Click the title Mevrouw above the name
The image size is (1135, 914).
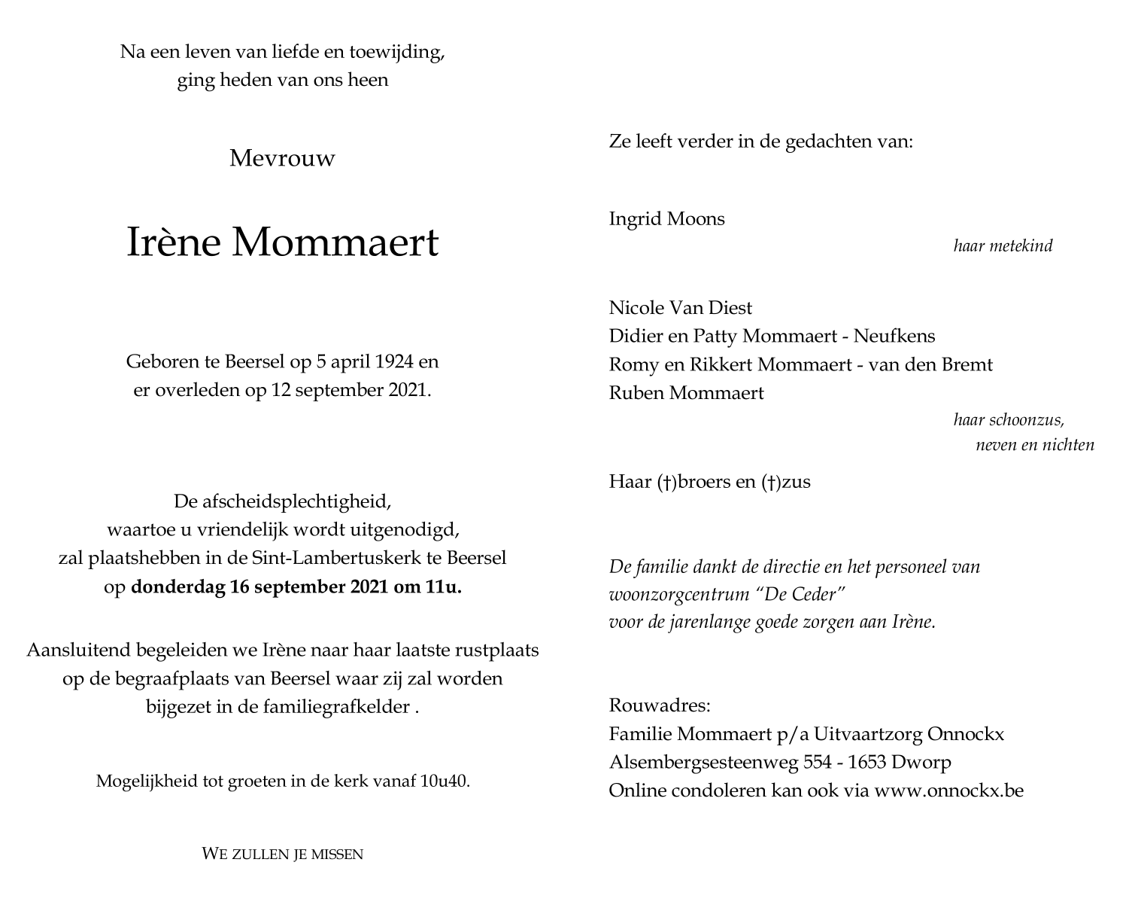pos(282,159)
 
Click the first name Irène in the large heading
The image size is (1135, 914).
pos(172,242)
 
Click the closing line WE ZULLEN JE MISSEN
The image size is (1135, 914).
pos(282,854)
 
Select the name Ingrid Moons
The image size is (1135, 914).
pos(666,219)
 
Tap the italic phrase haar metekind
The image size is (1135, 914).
pos(1003,246)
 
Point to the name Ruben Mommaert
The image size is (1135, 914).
pos(686,393)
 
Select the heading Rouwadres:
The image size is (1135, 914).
pos(659,705)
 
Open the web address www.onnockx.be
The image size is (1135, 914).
pos(948,791)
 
